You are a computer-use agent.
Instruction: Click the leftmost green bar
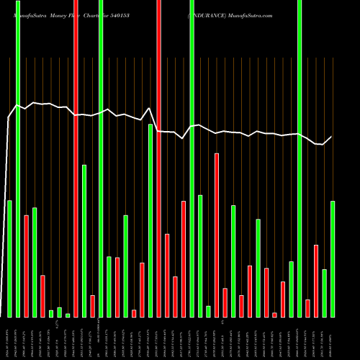click(9, 258)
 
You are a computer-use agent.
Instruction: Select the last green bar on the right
click(333, 258)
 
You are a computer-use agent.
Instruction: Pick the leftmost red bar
click(26, 266)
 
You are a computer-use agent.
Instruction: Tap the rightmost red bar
click(316, 281)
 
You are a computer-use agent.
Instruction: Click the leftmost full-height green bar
click(18, 158)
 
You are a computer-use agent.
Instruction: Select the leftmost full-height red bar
click(76, 158)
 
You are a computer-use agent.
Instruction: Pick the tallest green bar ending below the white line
click(150, 220)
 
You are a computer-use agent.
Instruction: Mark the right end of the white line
click(333, 137)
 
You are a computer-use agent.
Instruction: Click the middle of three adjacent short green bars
click(59, 312)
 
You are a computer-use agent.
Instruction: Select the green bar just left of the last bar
click(325, 293)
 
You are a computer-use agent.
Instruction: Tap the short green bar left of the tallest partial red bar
click(208, 311)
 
